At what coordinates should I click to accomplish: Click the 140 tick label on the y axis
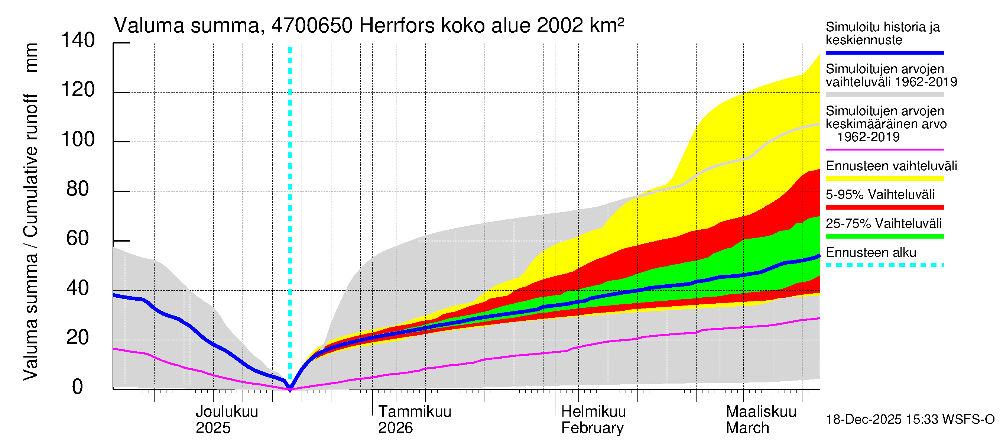(78, 41)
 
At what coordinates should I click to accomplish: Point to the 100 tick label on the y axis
(78, 140)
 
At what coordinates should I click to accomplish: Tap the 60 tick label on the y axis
(78, 239)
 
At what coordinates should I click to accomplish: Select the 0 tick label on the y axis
(78, 387)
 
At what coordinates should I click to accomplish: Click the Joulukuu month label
(227, 412)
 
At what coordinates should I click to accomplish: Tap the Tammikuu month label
(415, 412)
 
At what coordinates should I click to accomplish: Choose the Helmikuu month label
(593, 412)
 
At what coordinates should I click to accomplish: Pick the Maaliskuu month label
(761, 412)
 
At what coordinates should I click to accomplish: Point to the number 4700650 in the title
(312, 26)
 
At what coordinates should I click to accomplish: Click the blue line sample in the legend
(884, 52)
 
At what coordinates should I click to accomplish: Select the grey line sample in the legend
(884, 95)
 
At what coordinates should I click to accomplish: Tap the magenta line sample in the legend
(884, 149)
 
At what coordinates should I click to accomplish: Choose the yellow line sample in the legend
(884, 178)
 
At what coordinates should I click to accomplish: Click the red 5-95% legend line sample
(884, 207)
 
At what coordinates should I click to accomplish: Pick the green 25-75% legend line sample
(884, 236)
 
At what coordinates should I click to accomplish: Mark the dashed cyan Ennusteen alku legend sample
(884, 265)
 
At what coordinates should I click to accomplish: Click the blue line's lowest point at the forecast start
(290, 388)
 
